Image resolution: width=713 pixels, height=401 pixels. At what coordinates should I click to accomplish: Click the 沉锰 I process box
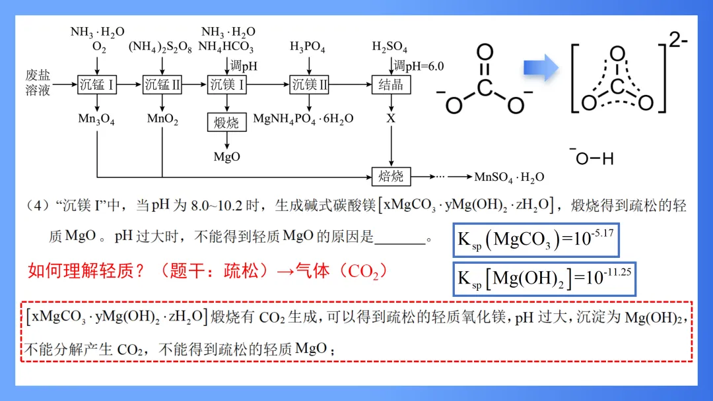click(x=97, y=84)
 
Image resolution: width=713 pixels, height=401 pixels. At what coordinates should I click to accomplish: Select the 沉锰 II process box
click(x=162, y=84)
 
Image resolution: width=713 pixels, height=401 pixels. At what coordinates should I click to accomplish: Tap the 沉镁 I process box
click(x=227, y=84)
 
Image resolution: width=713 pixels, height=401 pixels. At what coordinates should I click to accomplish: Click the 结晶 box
click(x=391, y=84)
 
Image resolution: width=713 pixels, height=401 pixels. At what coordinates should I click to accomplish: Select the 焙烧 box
click(x=391, y=177)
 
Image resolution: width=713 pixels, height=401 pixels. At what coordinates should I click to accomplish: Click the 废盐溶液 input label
click(x=38, y=83)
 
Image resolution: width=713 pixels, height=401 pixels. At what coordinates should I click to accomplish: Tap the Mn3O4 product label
click(x=96, y=119)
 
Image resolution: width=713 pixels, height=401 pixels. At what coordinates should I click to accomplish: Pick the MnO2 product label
click(x=162, y=119)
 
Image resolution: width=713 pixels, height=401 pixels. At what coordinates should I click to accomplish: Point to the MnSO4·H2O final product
click(x=509, y=177)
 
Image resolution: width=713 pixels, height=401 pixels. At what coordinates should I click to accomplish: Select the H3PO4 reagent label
click(x=308, y=47)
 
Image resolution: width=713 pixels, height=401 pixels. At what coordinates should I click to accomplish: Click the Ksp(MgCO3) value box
click(x=535, y=239)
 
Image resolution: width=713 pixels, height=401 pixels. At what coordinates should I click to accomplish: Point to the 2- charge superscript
click(x=678, y=40)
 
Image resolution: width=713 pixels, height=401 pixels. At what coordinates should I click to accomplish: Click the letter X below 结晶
click(x=391, y=119)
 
